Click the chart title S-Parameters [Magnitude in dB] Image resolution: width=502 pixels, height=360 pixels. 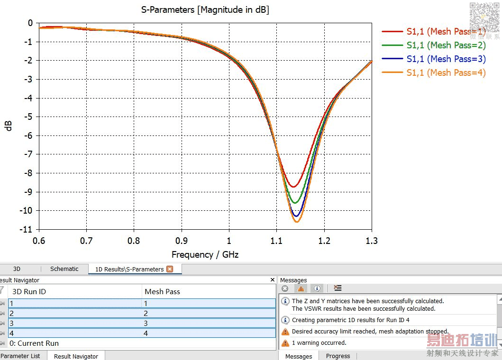point(205,9)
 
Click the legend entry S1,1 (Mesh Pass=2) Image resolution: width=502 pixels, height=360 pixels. point(446,45)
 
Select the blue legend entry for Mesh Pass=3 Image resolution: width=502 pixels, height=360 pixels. point(446,59)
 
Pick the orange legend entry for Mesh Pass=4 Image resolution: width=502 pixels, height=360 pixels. point(446,72)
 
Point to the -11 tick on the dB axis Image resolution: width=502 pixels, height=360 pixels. point(27,229)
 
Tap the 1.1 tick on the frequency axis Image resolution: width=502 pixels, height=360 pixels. point(276,241)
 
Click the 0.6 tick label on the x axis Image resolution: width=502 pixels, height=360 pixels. point(39,241)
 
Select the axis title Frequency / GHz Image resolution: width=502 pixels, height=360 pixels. point(205,255)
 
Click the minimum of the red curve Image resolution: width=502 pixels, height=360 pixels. point(293,187)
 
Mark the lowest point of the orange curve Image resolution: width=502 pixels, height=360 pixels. point(297,222)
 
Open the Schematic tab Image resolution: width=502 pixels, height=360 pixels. point(64,269)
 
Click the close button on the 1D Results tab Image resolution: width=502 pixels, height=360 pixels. point(170,269)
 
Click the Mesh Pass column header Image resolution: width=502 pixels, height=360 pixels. point(162,291)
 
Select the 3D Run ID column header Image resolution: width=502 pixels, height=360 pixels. point(29,291)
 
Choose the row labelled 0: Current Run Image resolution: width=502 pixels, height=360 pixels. point(34,343)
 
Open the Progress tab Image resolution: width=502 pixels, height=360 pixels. point(338,356)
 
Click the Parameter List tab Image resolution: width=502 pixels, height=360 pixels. point(20,356)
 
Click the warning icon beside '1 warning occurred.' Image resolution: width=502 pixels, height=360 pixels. point(285,343)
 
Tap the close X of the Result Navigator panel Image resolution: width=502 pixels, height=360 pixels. point(272,280)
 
